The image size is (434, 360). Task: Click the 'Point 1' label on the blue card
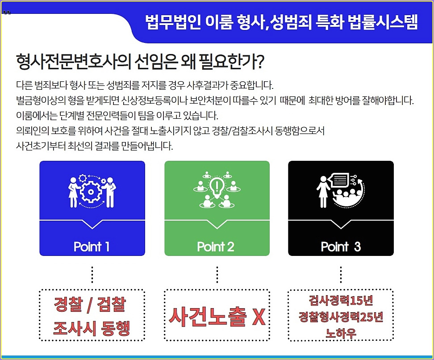tap(92, 247)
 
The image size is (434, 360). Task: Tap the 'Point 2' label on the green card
tap(216, 247)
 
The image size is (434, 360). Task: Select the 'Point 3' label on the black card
tap(341, 247)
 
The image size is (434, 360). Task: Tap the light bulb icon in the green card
tap(217, 187)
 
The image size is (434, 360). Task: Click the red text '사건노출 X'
tap(217, 317)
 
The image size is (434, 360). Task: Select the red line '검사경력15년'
tap(340, 300)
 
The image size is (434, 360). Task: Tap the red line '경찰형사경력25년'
tap(340, 317)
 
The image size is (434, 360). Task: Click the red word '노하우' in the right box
tap(340, 333)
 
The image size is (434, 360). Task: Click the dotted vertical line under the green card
tap(217, 275)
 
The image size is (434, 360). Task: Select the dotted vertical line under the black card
tap(341, 275)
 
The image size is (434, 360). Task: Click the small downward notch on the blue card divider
tap(92, 225)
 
